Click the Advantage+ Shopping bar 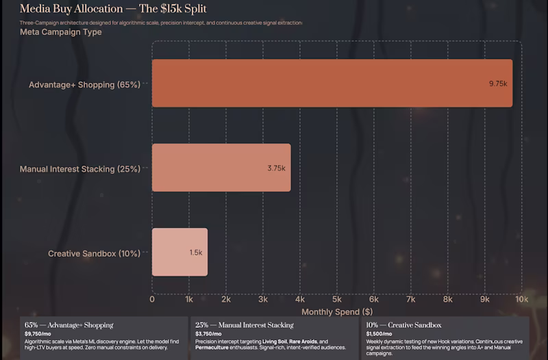click(332, 83)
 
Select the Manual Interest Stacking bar click(221, 168)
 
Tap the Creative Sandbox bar click(179, 252)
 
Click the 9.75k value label click(497, 83)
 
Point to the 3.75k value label click(277, 168)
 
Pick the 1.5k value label click(196, 253)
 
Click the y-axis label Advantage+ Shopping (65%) click(84, 85)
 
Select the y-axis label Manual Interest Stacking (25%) click(79, 169)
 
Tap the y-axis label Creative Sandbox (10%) click(94, 253)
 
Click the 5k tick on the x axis click(337, 299)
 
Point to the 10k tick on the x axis click(521, 299)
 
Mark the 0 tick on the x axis click(152, 299)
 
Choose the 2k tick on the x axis click(226, 299)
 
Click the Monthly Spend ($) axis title click(336, 311)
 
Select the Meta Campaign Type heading click(61, 32)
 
